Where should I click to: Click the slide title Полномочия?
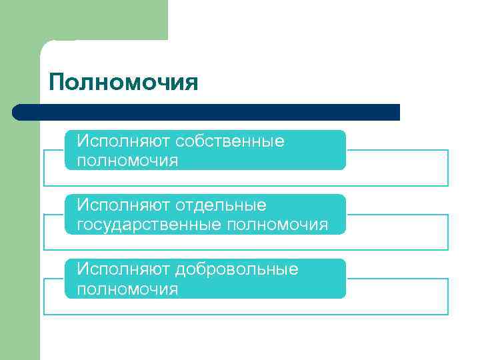[123, 83]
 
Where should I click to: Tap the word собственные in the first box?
[230, 141]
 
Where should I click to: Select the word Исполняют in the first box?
[123, 141]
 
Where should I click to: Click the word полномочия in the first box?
[127, 161]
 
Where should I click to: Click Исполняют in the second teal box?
[123, 205]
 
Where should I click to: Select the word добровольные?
[237, 269]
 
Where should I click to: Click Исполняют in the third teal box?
[123, 269]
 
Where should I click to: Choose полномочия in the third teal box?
[127, 289]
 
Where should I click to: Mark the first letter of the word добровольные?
[181, 270]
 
